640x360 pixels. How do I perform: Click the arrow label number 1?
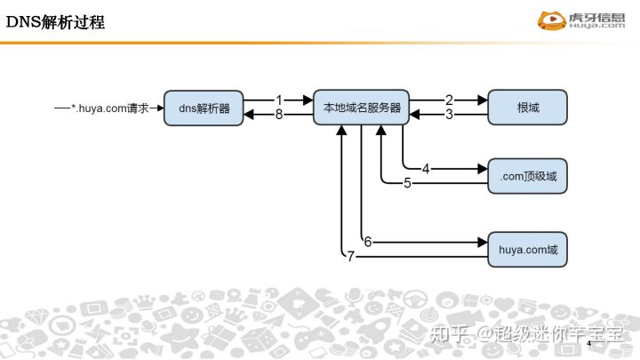coord(278,100)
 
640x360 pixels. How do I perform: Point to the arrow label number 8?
coord(278,115)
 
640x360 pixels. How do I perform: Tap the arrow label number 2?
coord(449,100)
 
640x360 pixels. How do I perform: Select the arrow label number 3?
coord(449,115)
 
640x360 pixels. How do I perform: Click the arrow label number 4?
coord(426,168)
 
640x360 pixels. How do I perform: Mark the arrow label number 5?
coord(407,184)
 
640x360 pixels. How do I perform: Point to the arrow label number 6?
coord(367,241)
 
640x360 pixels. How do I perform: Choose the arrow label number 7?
coord(351,257)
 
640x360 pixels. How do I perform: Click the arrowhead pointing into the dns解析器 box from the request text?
coord(160,108)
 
